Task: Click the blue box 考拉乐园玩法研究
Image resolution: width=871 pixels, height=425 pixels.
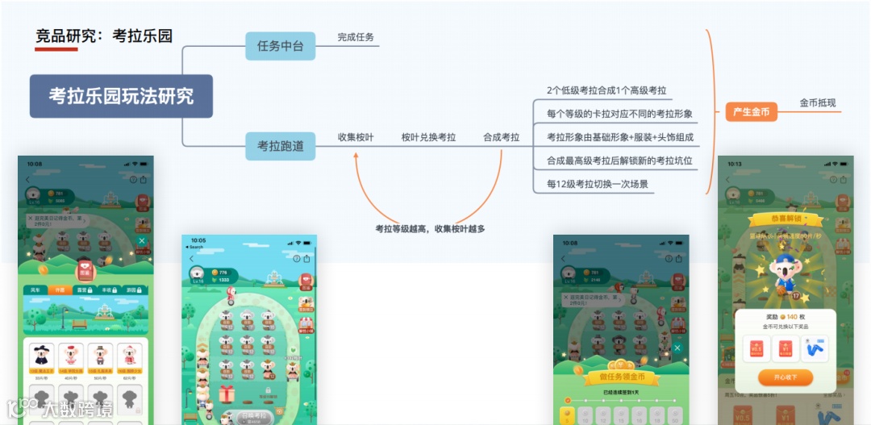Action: coord(121,96)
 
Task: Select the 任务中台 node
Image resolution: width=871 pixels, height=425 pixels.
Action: coord(280,46)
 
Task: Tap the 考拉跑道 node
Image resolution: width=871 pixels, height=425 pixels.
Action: coord(280,146)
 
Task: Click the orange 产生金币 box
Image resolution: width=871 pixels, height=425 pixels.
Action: coord(751,112)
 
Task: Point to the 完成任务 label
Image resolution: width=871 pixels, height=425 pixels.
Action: coord(356,37)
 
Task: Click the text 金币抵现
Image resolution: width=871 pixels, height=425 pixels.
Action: coord(818,103)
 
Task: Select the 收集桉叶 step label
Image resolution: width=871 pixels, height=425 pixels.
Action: coord(356,137)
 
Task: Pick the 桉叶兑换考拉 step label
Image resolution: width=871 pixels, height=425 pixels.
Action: coord(428,137)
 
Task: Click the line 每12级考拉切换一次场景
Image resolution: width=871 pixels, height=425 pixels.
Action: coord(597,184)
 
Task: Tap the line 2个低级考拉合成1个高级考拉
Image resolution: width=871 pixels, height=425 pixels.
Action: coord(606,90)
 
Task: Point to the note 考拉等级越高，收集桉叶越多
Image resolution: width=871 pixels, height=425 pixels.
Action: coord(430,228)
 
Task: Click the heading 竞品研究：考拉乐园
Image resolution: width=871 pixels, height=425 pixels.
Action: coord(104,35)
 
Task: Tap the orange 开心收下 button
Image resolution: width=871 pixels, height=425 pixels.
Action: coord(785,377)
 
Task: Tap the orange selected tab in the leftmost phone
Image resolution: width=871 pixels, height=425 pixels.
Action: coord(59,290)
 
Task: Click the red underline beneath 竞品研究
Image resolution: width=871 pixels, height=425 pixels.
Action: coord(56,49)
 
